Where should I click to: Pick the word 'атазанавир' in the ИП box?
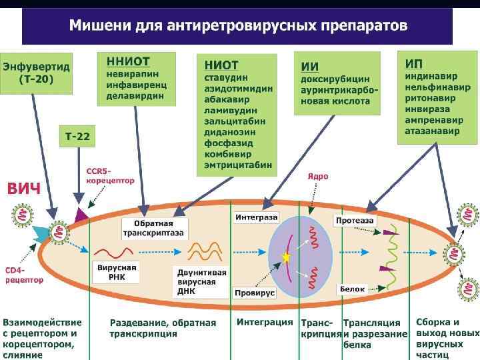pos(432,131)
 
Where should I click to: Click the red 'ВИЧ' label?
pos(24,188)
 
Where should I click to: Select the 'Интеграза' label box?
pos(256,217)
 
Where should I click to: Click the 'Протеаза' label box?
pos(355,220)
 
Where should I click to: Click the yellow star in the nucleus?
pos(287,257)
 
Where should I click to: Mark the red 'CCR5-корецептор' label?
pos(110,175)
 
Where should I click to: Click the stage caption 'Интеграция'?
pos(265,322)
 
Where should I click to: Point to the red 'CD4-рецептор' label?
pos(25,275)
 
